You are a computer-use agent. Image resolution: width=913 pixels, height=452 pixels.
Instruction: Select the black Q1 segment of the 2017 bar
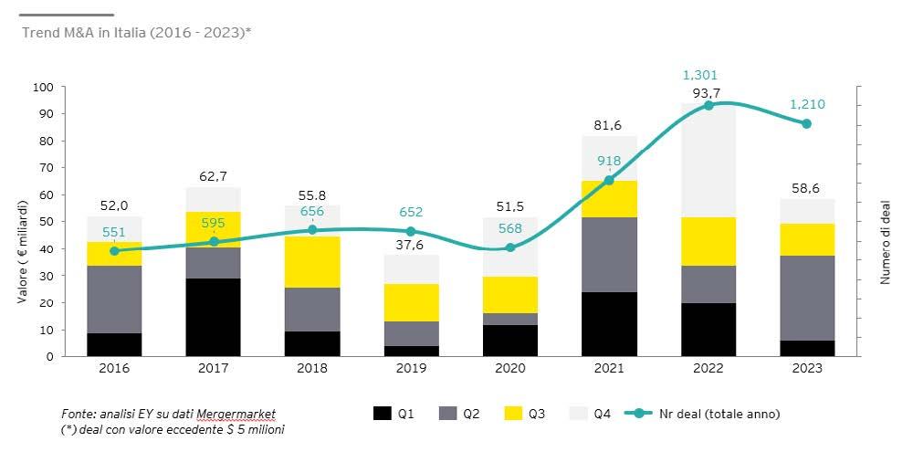coord(214,317)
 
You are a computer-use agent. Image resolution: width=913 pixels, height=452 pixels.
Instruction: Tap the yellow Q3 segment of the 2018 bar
coord(312,262)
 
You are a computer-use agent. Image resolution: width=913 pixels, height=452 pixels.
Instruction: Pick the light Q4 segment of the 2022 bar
coord(708,164)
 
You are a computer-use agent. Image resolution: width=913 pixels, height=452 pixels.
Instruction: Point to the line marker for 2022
coord(708,106)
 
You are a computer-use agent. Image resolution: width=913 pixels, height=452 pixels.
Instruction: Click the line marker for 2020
coord(510,247)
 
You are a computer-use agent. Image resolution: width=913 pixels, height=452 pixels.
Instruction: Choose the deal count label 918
coord(609,162)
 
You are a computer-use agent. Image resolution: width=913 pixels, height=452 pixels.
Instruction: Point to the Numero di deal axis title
coord(885,222)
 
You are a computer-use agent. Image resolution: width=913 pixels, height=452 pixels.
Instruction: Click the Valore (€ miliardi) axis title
coord(19,222)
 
